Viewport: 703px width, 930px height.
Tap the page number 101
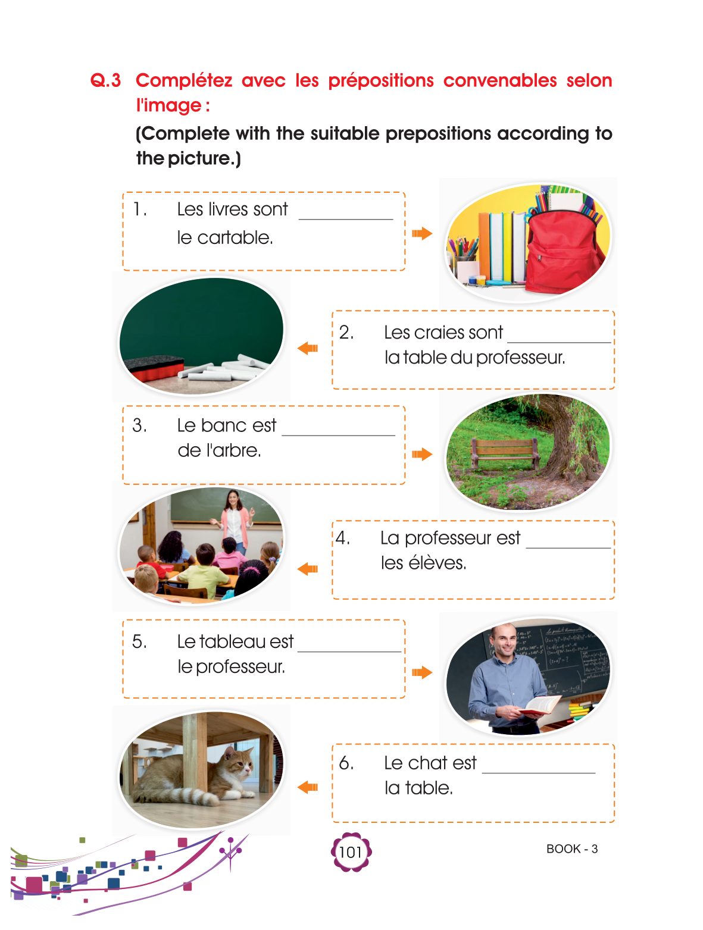351,852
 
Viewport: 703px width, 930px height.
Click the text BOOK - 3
571,848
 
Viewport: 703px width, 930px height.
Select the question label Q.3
105,80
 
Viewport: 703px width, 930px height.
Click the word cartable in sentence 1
235,237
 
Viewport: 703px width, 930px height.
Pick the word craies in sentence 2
443,333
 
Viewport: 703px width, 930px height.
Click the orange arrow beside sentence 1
422,233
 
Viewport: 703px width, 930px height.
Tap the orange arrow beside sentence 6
308,787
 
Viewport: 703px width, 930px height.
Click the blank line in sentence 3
338,435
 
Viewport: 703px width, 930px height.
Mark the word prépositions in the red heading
381,80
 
